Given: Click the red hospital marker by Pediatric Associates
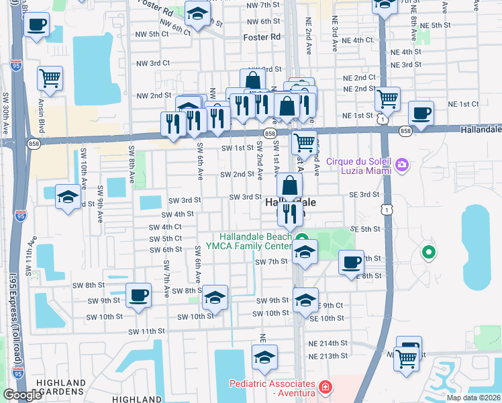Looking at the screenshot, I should [x=325, y=387].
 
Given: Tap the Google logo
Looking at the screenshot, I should [x=22, y=395].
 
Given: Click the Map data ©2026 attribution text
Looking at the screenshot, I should [x=472, y=398].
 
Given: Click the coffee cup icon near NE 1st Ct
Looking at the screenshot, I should [x=421, y=113].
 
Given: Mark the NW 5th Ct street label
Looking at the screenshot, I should [x=152, y=33].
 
